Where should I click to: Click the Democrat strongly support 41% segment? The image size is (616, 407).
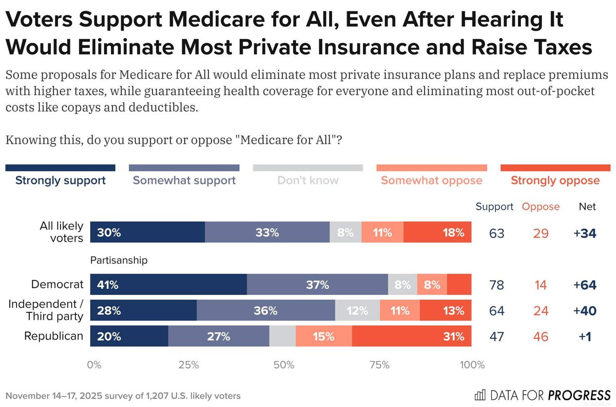(168, 284)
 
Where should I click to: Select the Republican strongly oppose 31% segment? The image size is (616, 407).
(411, 337)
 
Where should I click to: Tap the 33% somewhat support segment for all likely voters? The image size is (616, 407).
(267, 232)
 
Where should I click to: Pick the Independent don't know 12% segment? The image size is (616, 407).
(357, 310)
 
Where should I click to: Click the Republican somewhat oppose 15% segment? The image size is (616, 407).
(324, 337)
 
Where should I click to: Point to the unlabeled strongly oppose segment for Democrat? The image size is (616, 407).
(459, 284)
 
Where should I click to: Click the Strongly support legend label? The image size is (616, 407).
(60, 180)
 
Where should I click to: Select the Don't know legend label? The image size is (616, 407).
(307, 180)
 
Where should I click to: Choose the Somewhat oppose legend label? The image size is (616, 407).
(431, 180)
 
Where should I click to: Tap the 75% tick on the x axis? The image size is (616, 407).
(379, 365)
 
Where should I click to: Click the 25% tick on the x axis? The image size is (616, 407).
(188, 365)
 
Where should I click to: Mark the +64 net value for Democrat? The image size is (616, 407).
(585, 285)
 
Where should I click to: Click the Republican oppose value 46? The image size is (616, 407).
(540, 337)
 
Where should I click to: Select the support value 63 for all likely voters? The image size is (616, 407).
(496, 233)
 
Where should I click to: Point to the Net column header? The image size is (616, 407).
(587, 207)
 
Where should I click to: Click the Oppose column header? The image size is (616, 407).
(541, 207)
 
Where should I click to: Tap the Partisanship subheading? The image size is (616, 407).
(119, 261)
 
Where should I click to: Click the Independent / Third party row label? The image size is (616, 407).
(46, 310)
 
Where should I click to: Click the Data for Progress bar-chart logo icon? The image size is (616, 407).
(480, 395)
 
